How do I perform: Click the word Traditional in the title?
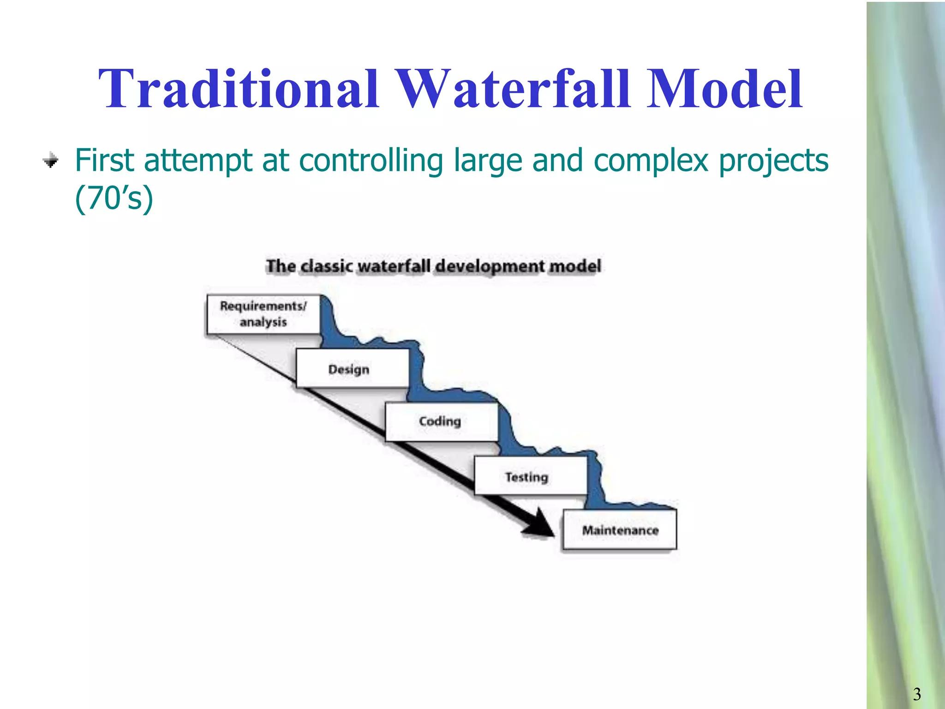238,89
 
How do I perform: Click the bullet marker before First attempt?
51,161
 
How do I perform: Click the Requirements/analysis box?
263,314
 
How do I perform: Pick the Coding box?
441,421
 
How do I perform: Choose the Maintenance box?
619,529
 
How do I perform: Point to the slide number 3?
916,694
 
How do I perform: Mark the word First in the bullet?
104,161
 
